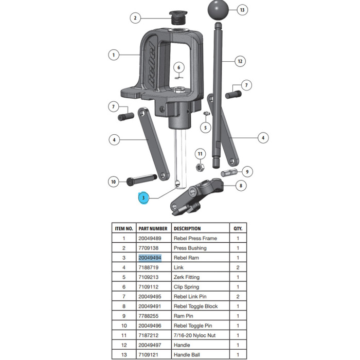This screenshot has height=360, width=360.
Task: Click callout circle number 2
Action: [x=135, y=19]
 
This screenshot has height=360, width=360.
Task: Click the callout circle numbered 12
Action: [x=239, y=61]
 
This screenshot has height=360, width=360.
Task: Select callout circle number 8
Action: [x=241, y=186]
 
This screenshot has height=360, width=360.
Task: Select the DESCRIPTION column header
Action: [x=187, y=228]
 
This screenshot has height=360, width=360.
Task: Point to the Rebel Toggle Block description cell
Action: [x=195, y=307]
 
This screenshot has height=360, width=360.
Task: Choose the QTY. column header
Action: [x=238, y=228]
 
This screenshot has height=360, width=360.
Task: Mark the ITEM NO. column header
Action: [x=123, y=228]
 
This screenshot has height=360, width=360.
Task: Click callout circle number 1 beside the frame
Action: [x=114, y=53]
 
